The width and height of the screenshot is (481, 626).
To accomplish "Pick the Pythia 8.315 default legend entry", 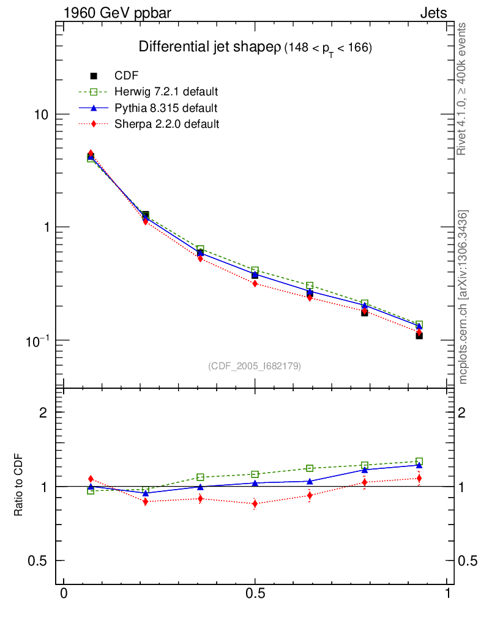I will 166,108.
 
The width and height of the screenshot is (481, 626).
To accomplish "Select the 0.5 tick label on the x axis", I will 255,594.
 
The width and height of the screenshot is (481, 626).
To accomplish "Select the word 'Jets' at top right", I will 433,13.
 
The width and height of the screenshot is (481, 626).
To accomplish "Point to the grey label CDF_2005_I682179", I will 255,366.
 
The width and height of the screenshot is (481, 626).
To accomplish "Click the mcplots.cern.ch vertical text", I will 464,297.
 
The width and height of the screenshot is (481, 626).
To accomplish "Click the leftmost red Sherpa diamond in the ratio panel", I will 91,479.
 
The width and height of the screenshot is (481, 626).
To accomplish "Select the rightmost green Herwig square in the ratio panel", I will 419,462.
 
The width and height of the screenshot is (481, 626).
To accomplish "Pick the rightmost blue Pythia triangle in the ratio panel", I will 419,465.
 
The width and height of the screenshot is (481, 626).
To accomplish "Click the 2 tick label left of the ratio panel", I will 43,413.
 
